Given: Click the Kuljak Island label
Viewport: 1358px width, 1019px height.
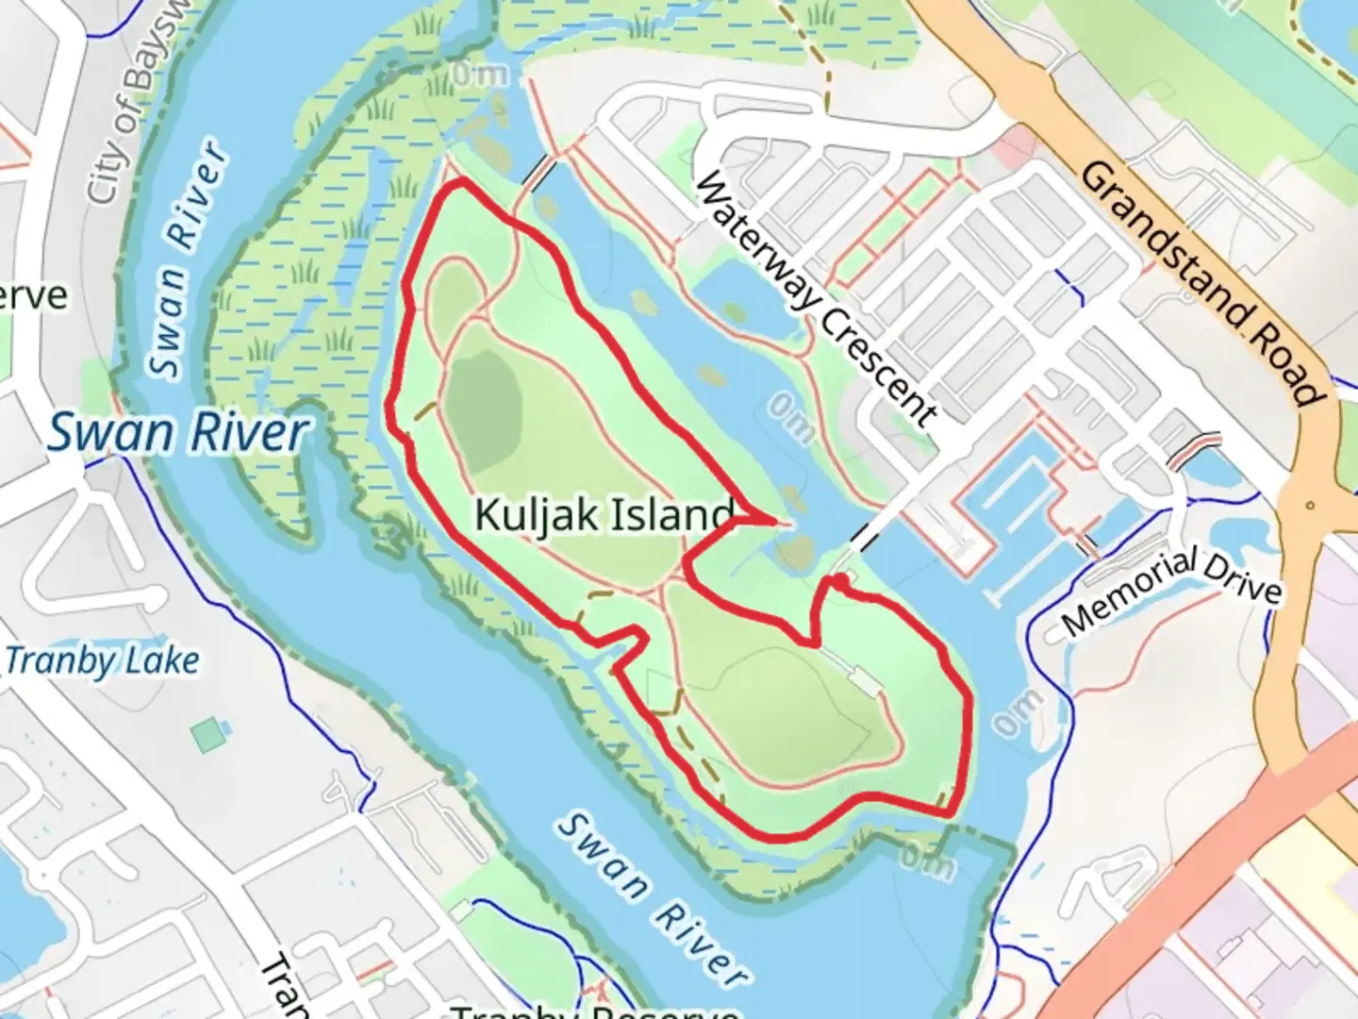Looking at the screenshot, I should (x=604, y=515).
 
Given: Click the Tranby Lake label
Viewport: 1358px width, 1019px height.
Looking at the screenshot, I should (x=102, y=660).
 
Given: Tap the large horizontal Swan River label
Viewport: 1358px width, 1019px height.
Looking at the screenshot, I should (x=178, y=432).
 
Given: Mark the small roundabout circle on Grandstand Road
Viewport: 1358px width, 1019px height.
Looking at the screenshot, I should (x=1309, y=506).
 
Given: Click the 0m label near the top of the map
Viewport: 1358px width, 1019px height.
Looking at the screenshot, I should (x=479, y=74).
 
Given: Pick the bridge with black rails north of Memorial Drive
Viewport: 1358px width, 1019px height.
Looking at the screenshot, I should (x=1194, y=447).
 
